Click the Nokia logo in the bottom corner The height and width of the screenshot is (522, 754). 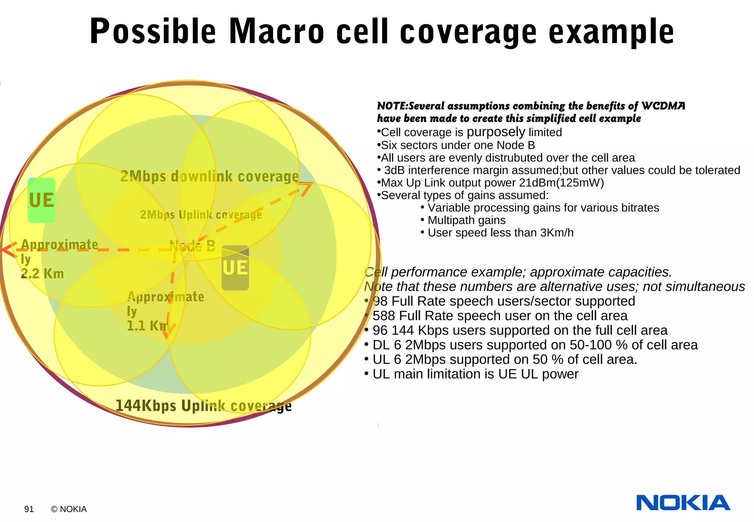coord(683,502)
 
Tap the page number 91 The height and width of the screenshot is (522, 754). coord(29,509)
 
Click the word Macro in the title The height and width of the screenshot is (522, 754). coord(276,32)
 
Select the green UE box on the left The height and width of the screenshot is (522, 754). coord(42,200)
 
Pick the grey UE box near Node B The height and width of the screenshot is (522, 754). coord(235,268)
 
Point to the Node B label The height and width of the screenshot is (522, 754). coord(193,246)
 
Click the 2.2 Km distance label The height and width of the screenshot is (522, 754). coord(42,274)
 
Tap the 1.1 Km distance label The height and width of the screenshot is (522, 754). coord(147,326)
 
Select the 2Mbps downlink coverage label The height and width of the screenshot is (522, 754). coord(209,176)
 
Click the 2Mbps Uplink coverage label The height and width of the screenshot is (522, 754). coord(201,215)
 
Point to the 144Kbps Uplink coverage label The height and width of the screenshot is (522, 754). coord(203,406)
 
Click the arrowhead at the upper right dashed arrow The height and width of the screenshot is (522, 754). coord(306,188)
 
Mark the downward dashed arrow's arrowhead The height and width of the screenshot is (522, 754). coord(168,331)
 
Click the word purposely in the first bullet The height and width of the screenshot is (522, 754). coord(496,132)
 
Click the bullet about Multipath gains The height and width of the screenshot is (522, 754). coord(466,220)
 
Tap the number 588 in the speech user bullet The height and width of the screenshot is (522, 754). coord(384,316)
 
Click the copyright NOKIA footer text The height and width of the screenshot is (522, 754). coord(69,509)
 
